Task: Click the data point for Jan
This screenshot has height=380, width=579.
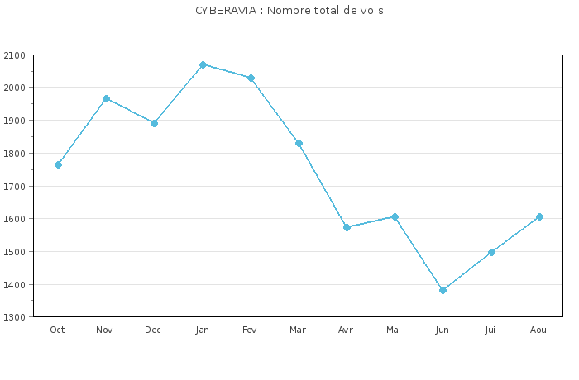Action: pos(203,64)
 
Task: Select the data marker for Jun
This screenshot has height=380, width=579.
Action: pos(443,290)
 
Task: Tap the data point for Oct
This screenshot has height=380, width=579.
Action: pos(58,164)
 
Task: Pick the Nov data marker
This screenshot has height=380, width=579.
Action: pos(106,98)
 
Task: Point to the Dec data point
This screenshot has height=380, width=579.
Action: pos(154,123)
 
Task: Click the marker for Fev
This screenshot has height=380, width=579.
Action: pos(251,78)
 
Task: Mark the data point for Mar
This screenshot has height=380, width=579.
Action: pos(299,143)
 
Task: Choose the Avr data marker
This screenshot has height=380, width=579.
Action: pos(347,227)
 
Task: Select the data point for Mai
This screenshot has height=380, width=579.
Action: pos(395,216)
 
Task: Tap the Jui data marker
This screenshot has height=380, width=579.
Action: pos(491,252)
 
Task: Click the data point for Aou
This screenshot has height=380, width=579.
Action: pos(539,216)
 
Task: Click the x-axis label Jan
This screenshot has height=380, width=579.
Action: pos(202,330)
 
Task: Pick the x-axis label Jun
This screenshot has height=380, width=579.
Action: pos(443,330)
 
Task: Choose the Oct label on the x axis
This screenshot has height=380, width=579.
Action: pos(57,330)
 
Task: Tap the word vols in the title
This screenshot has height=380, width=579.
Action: pos(371,11)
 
